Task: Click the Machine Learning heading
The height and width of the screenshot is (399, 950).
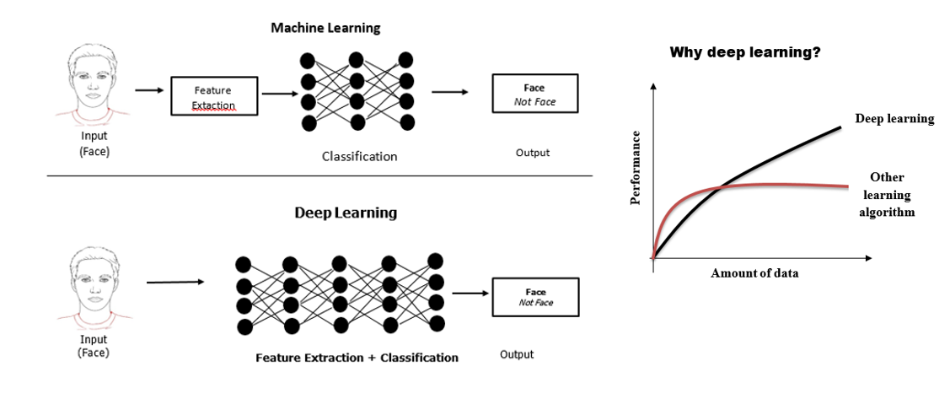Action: coord(325,28)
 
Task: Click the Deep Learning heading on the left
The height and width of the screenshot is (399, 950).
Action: coord(346,213)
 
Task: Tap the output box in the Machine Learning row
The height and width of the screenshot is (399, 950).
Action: coord(534,94)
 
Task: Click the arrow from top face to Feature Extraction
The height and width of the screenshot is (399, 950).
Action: coord(149,89)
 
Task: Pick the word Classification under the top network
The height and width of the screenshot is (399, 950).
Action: coord(359,156)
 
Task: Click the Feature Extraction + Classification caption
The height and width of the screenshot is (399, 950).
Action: coord(357,358)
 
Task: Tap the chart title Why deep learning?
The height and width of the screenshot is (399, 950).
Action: coord(745,52)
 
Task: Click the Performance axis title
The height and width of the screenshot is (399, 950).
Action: coord(636,169)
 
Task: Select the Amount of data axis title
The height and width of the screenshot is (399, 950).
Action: coord(754,273)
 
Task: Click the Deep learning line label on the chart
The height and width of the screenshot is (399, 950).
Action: coord(894,119)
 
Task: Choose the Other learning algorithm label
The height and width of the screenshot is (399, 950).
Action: coord(887,195)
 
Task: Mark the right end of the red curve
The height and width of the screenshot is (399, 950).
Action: coord(847,186)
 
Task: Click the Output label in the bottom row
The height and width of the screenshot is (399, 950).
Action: coord(517,354)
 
